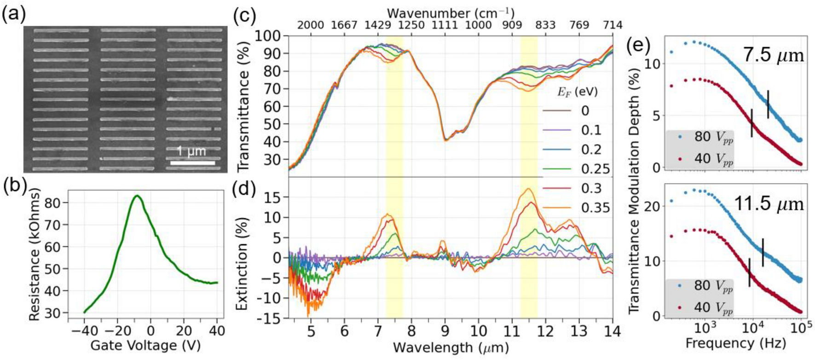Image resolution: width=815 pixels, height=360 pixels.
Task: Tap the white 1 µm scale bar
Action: tap(192, 163)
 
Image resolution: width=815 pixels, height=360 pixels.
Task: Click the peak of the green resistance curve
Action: tap(137, 196)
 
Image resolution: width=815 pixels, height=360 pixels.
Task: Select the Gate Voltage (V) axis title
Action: tap(145, 346)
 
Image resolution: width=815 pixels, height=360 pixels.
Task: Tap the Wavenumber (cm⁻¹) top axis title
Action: tap(451, 12)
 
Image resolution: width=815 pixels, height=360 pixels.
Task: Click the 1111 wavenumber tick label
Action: tap(445, 25)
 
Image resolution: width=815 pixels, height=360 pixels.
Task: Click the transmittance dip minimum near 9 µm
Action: tap(445, 140)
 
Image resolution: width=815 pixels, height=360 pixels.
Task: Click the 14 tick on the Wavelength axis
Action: tap(613, 331)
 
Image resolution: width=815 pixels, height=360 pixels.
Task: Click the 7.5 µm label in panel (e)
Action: tap(773, 56)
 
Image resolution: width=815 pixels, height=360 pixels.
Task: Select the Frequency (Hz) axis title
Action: tap(735, 343)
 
